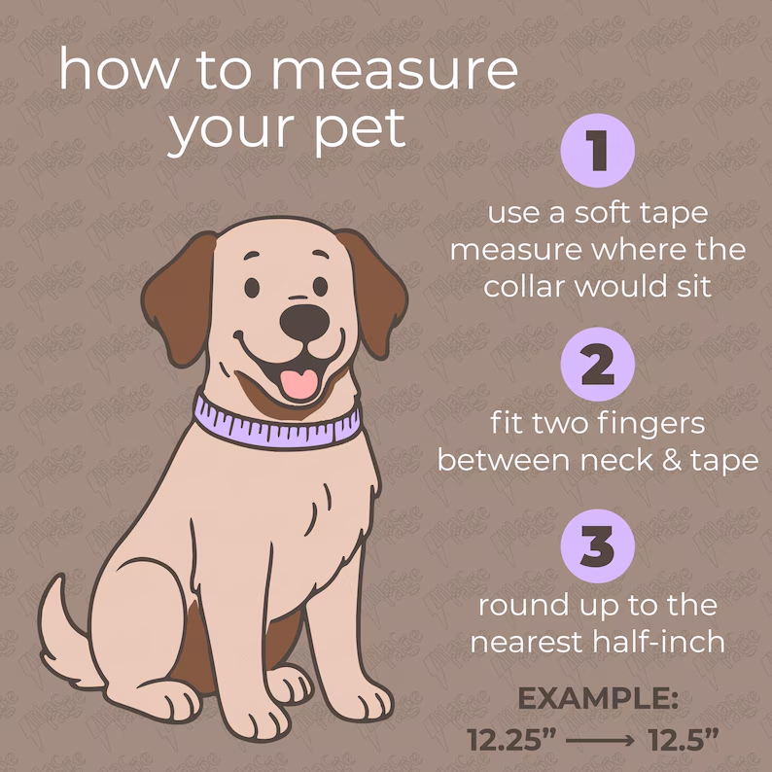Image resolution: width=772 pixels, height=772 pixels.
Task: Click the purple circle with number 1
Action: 597,150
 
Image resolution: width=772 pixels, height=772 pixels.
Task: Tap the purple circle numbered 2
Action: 597,365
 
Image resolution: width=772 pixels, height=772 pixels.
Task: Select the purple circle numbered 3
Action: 597,546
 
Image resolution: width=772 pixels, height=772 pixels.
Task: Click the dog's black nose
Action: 304,323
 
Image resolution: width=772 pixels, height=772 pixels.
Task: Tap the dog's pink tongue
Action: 299,383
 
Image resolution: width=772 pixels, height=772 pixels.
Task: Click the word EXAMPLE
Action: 598,699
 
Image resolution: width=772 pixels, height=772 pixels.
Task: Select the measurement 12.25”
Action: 511,740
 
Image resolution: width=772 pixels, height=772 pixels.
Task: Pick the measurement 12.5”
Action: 684,740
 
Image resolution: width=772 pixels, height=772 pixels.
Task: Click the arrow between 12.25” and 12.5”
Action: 600,740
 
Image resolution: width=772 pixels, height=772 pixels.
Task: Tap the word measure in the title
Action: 395,72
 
